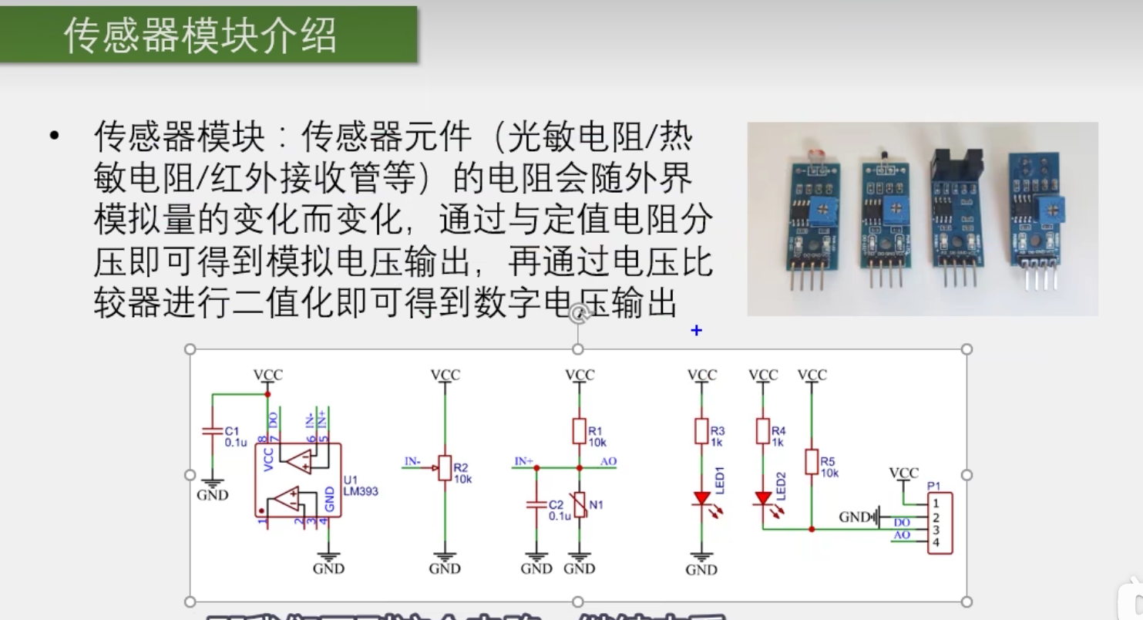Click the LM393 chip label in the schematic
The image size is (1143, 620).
pyautogui.click(x=360, y=491)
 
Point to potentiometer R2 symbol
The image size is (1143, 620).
pyautogui.click(x=444, y=467)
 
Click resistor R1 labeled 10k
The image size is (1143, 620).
pyautogui.click(x=579, y=432)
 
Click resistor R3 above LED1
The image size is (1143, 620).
pyautogui.click(x=701, y=432)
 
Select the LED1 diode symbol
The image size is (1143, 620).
pyautogui.click(x=701, y=499)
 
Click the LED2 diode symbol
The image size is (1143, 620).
pyautogui.click(x=763, y=498)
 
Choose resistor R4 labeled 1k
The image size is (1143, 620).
pyautogui.click(x=763, y=432)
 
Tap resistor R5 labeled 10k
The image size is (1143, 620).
pyautogui.click(x=811, y=462)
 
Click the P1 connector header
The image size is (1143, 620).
pyautogui.click(x=940, y=524)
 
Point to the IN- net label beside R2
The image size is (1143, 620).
pyautogui.click(x=413, y=462)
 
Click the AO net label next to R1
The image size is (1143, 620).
pyautogui.click(x=608, y=462)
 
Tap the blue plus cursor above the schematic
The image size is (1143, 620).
pyautogui.click(x=696, y=330)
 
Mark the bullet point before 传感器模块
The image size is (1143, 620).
pyautogui.click(x=54, y=137)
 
